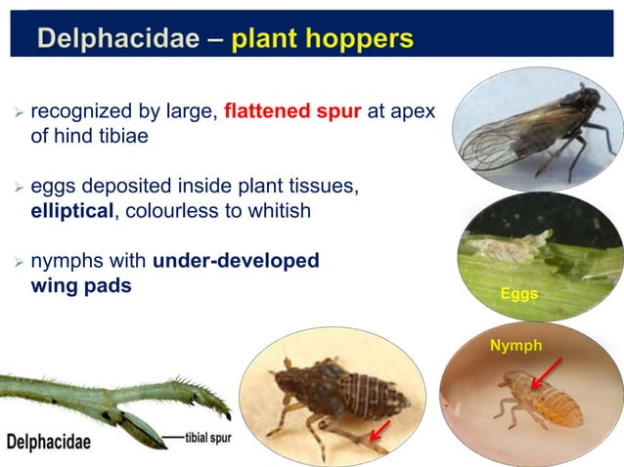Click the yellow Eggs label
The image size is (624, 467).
[x=520, y=294]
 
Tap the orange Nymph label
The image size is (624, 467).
[x=514, y=344]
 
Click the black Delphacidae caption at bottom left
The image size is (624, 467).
[x=49, y=442]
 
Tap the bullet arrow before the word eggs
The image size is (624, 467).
[x=17, y=189]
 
